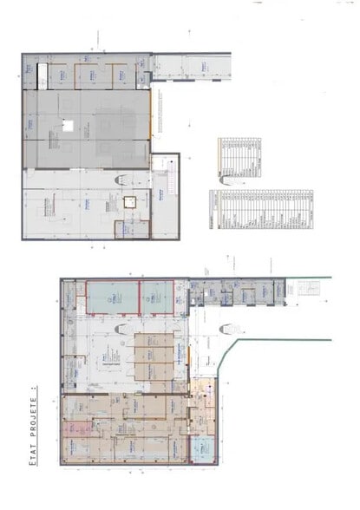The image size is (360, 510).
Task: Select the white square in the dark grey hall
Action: [67, 126]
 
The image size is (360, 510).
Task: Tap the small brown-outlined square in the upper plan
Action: [129, 201]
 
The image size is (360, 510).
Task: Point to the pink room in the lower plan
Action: [72, 429]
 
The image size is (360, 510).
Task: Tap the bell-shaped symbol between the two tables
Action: [227, 180]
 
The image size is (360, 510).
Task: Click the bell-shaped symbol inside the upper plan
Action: [122, 180]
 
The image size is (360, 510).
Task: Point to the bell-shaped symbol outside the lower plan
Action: [227, 329]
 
